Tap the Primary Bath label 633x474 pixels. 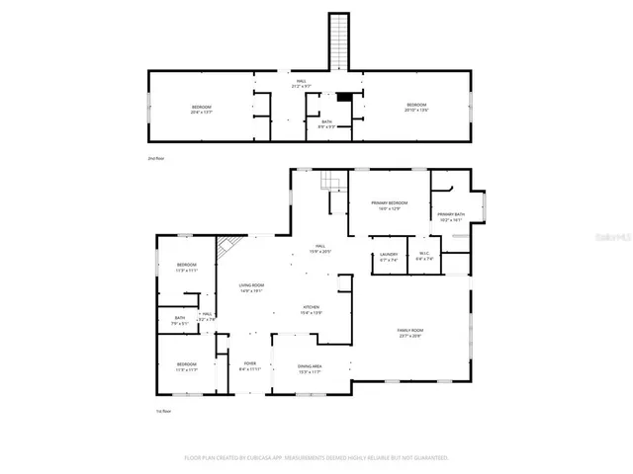(451, 217)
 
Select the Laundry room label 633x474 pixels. (389, 257)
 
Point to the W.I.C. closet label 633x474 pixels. (424, 257)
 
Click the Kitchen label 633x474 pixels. (312, 310)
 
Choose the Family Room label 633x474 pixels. (409, 333)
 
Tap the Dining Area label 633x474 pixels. (311, 369)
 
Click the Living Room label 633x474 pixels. (250, 288)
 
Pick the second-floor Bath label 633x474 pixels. (325, 123)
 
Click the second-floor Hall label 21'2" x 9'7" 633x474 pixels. (301, 85)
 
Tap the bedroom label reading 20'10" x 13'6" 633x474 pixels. (415, 108)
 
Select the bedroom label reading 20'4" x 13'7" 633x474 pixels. (201, 109)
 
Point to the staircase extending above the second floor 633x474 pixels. (339, 41)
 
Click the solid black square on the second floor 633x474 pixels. (344, 98)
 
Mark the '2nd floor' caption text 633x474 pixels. (154, 157)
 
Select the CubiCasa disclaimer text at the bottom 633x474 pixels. (316, 458)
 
